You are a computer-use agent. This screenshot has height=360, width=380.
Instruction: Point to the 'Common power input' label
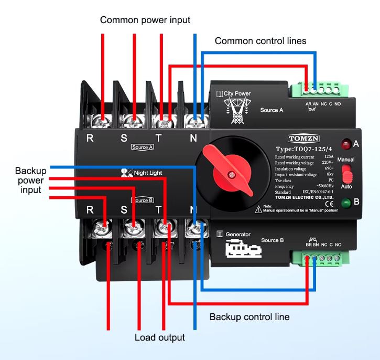[145, 20]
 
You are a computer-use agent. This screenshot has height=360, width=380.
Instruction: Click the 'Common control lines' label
[260, 40]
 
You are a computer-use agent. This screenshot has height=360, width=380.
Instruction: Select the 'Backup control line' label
[249, 317]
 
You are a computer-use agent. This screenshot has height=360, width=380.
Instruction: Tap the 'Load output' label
[160, 337]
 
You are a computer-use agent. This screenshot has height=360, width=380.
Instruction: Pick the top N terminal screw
[196, 121]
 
